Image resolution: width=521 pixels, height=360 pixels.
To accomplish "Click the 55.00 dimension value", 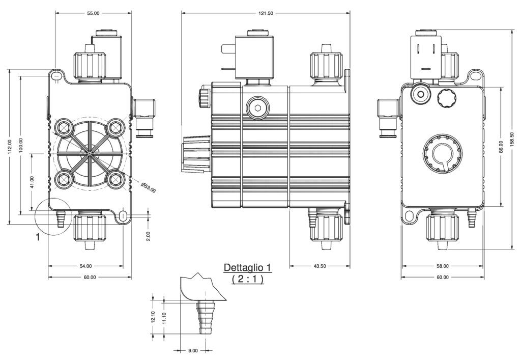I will point(93,14).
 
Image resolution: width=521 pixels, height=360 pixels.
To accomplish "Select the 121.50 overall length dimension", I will point(266,14).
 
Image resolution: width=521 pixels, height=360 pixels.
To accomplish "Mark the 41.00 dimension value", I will point(32,182).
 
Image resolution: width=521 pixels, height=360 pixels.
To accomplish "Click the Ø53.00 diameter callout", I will point(149,187).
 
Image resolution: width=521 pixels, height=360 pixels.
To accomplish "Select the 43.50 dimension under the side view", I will point(320,266).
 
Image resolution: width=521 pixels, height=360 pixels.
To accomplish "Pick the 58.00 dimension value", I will point(443,266).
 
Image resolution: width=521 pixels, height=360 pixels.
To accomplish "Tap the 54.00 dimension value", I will point(85,266).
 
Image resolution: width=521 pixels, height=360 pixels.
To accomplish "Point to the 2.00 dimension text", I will point(148,236).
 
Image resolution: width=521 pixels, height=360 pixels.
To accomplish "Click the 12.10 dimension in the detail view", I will point(154,317).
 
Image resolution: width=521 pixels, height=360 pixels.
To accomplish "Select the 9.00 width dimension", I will point(193,350).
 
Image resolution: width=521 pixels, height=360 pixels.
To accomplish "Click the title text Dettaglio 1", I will point(248,267).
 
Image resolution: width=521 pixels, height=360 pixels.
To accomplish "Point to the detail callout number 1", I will point(38,237).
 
